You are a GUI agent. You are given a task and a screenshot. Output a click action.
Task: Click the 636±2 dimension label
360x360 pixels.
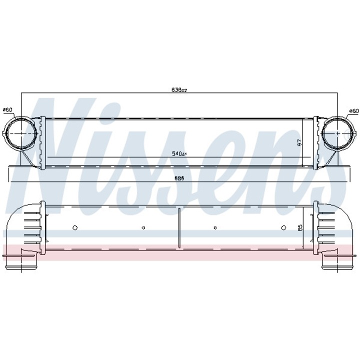[179, 90]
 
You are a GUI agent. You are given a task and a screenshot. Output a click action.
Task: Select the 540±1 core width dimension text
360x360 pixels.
[179, 153]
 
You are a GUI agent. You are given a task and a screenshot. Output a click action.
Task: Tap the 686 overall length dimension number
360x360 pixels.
[178, 178]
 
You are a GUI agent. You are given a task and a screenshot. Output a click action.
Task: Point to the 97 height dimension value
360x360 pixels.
[300, 142]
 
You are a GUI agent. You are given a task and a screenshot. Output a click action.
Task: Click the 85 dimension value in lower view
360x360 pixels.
[300, 228]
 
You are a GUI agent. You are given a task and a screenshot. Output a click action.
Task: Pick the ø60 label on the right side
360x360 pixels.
[353, 110]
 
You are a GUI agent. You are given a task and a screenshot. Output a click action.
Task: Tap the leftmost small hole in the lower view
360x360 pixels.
[75, 227]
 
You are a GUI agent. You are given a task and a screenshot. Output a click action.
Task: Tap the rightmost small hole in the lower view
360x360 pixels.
[283, 227]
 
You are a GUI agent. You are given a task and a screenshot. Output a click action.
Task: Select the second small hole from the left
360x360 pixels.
[143, 227]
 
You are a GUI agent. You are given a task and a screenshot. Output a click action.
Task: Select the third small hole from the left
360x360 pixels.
[214, 227]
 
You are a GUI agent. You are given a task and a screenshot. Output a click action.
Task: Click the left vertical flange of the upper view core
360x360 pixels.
[43, 142]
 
